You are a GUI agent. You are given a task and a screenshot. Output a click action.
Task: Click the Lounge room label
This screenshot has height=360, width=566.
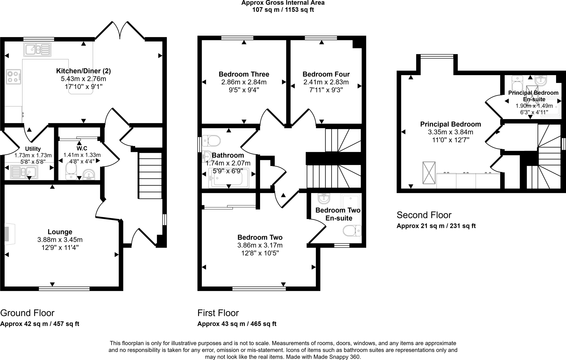coord(60,232)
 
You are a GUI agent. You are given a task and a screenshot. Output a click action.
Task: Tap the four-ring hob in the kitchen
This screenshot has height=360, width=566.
coord(14,77)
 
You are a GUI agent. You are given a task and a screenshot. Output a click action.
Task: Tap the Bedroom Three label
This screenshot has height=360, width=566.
coord(244,74)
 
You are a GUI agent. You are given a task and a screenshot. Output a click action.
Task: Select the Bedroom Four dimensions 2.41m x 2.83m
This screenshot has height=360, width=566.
coord(326,82)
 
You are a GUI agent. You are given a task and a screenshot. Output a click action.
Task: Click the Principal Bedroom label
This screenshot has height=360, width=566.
coord(450,124)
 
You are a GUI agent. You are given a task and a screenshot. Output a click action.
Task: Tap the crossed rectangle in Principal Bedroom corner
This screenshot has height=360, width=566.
coord(429,173)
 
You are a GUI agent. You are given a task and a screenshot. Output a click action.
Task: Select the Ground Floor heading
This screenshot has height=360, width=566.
coord(27,313)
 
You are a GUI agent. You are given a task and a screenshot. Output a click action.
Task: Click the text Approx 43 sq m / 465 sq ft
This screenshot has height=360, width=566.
coord(237,324)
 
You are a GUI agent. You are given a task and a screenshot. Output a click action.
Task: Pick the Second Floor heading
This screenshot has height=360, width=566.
coord(424,215)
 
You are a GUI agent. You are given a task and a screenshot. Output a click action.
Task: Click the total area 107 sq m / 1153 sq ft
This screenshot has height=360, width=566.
coord(283,10)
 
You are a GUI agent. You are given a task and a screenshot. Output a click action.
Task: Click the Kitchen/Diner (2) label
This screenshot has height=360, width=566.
coord(83,71)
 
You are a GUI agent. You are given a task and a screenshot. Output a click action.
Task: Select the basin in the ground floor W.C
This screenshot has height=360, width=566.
coord(89,174)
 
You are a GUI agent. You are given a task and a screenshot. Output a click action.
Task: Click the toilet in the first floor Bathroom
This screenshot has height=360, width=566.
coord(211,141)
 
